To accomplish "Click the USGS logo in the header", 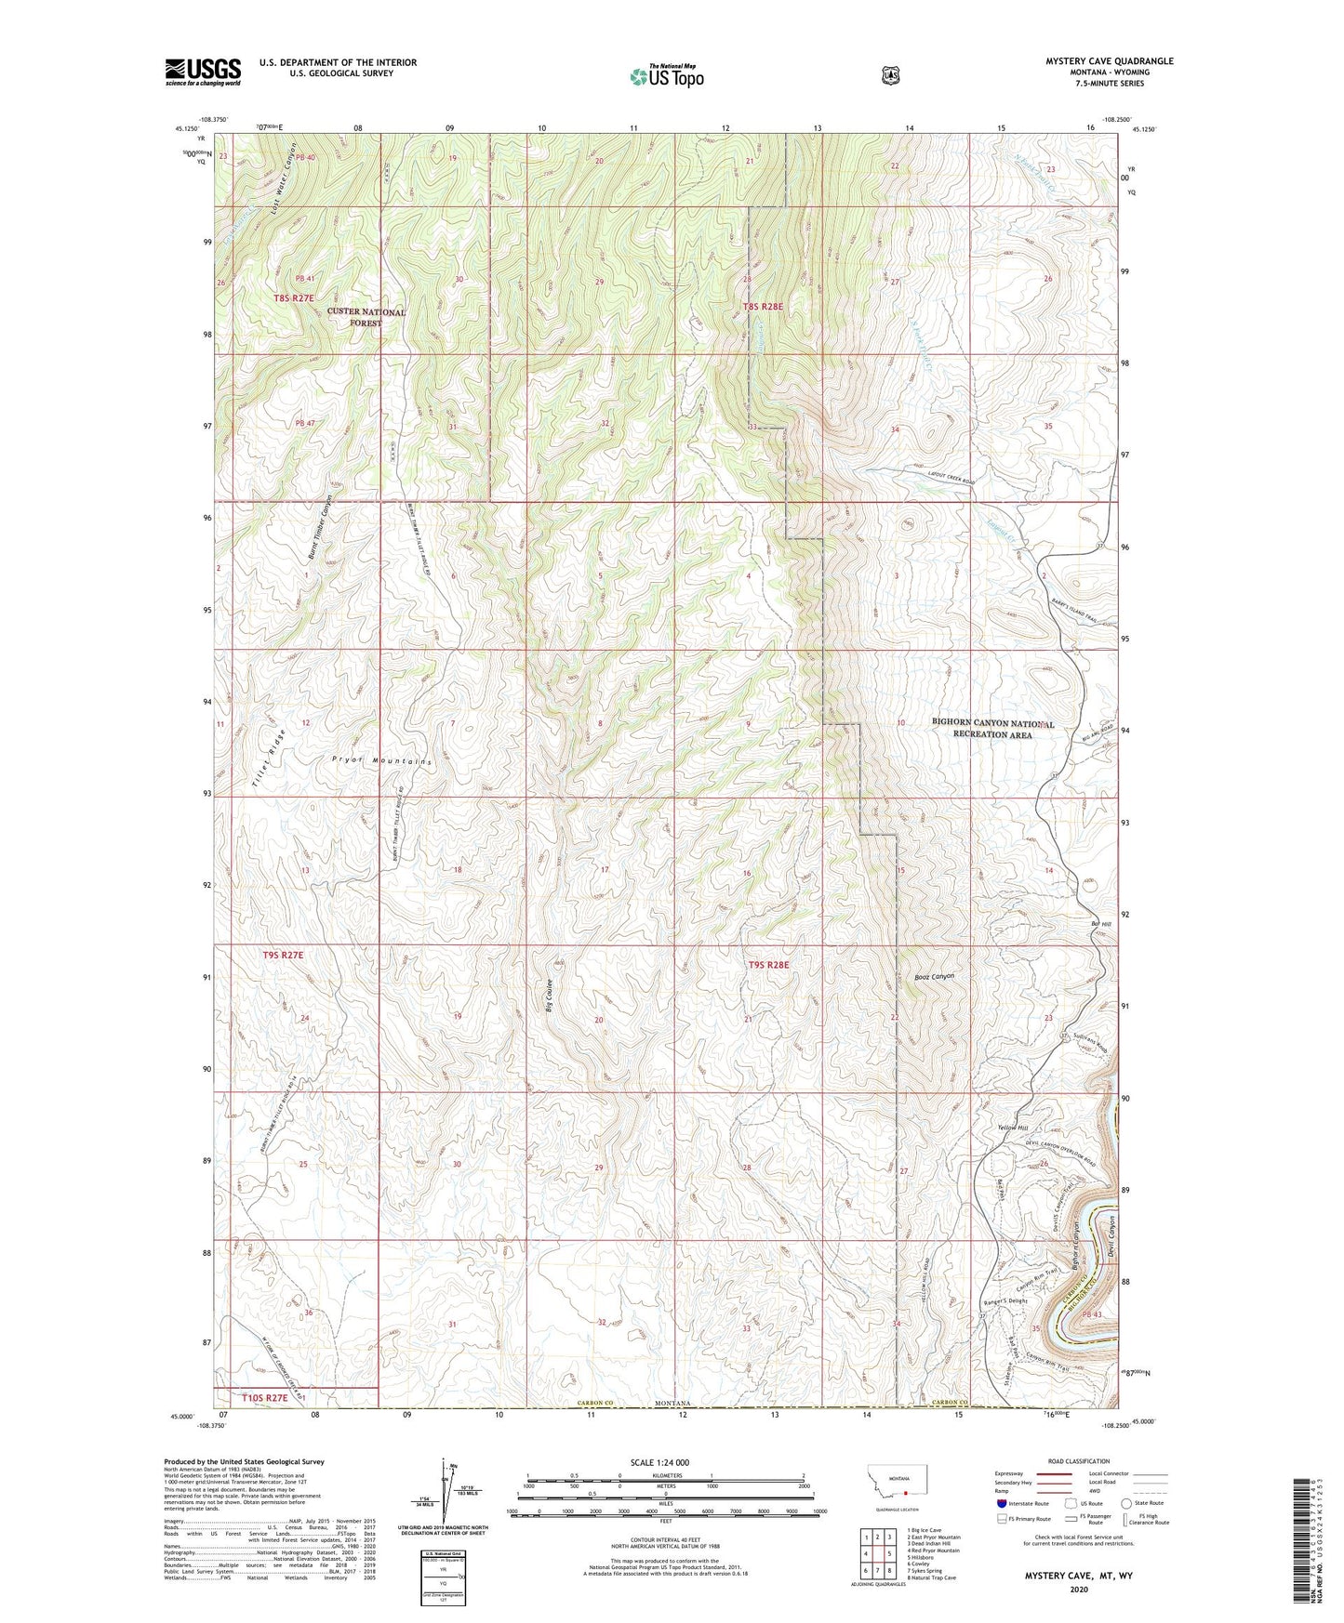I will click(203, 72).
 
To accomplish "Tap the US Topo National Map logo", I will click(666, 75).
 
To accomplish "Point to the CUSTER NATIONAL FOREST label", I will click(366, 318).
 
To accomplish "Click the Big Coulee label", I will click(550, 996).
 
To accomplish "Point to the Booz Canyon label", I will click(934, 977).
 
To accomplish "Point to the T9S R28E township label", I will click(768, 965).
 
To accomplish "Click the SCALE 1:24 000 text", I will click(659, 1462).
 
